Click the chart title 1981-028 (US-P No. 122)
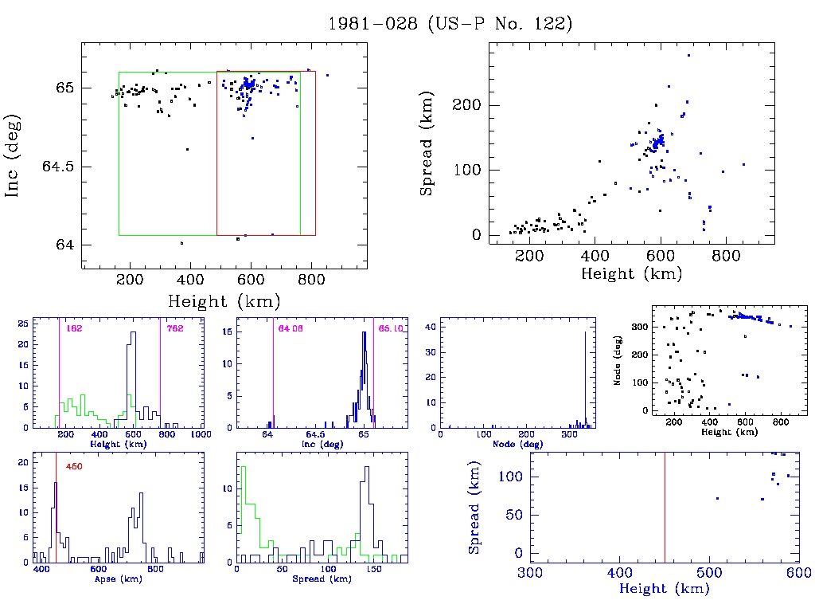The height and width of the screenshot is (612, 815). [450, 24]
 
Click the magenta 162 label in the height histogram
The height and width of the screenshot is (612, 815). [75, 328]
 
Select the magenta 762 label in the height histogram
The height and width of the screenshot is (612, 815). [175, 328]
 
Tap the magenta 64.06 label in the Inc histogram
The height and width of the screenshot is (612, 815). [290, 328]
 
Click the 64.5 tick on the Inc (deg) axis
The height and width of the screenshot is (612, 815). [58, 167]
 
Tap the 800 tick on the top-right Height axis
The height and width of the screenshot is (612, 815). [726, 256]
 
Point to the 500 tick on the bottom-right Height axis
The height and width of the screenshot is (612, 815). [709, 573]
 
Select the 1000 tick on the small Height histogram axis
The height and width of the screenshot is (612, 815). [200, 435]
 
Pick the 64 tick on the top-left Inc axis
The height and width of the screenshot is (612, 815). [65, 245]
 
